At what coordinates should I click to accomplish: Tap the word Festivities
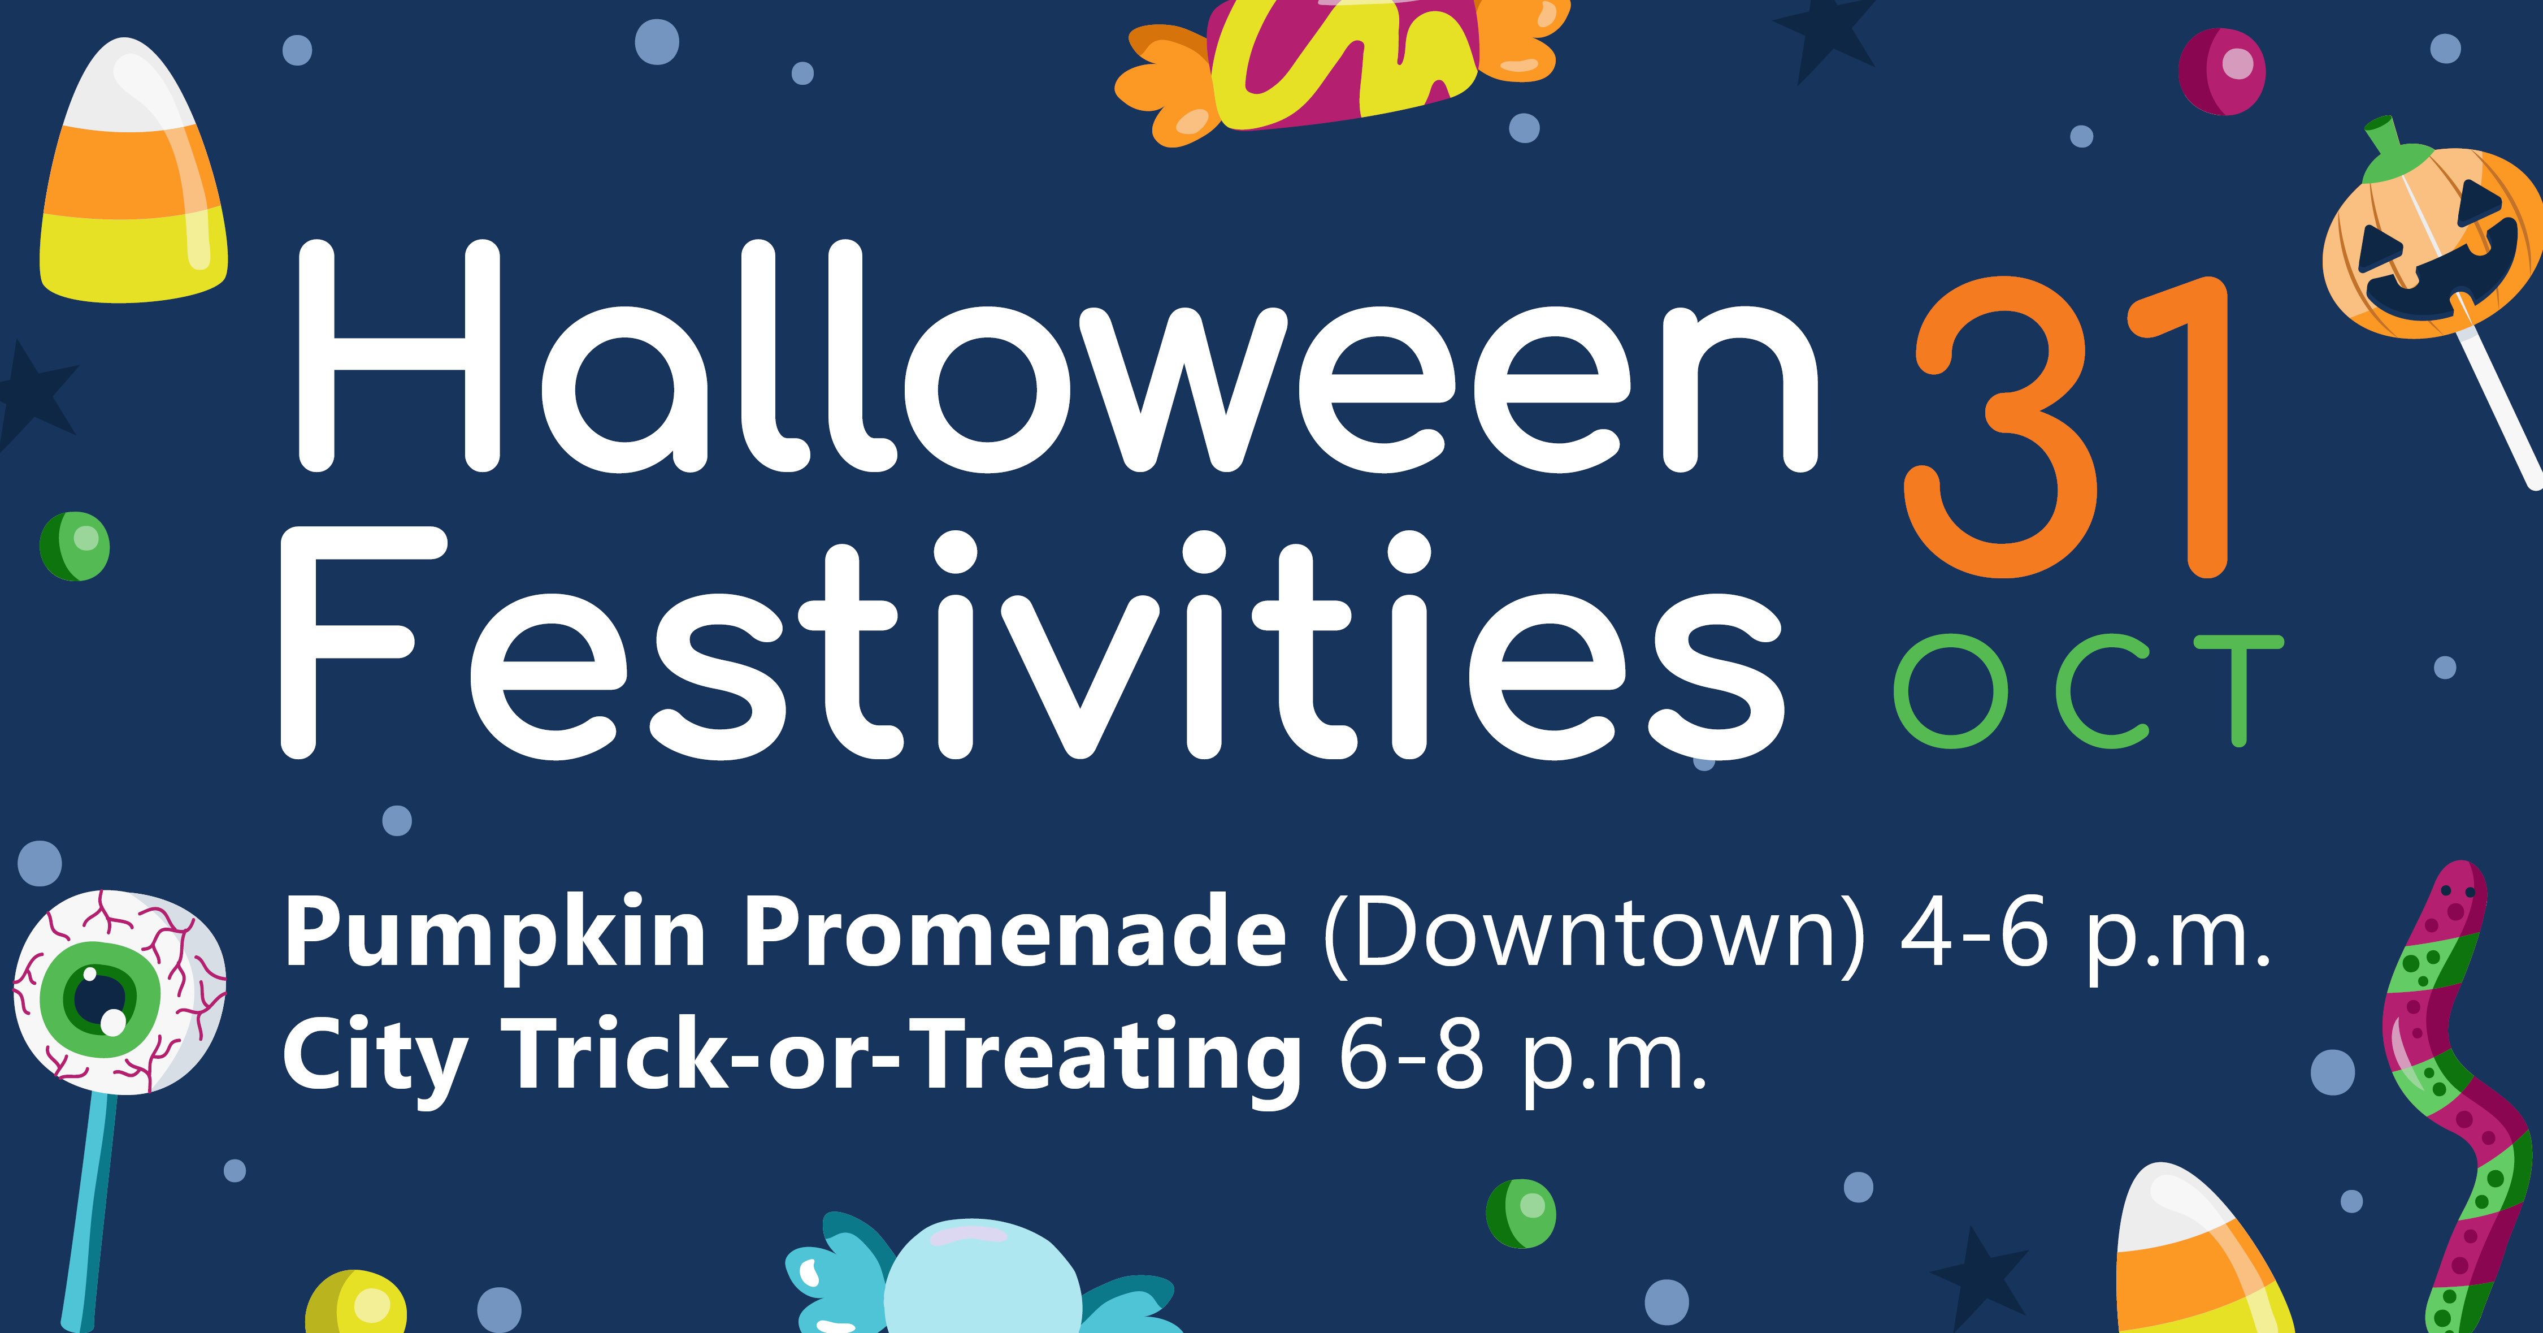pos(1032,644)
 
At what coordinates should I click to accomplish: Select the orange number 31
pos(2065,427)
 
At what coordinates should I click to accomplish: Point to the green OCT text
pos(2089,691)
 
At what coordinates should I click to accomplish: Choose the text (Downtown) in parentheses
pos(1594,934)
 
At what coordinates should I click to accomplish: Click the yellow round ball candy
pos(355,1304)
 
